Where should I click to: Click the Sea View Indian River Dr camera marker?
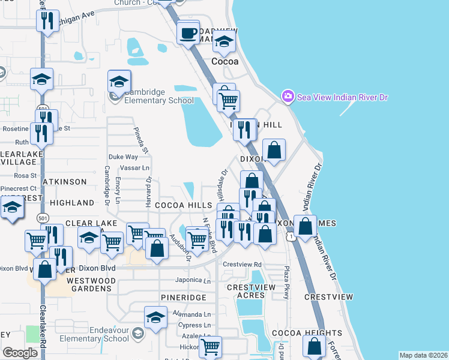pyautogui.click(x=288, y=97)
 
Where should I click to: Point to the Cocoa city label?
pyautogui.click(x=225, y=61)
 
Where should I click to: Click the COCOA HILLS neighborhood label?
pyautogui.click(x=183, y=205)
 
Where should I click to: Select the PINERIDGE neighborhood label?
pyautogui.click(x=183, y=298)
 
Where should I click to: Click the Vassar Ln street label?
pyautogui.click(x=134, y=168)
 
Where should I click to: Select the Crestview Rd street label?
pyautogui.click(x=243, y=264)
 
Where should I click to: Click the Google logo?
pyautogui.click(x=20, y=352)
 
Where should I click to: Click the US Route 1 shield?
pyautogui.click(x=291, y=238)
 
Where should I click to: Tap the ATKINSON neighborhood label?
pyautogui.click(x=64, y=181)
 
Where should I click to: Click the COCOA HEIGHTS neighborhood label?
pyautogui.click(x=298, y=333)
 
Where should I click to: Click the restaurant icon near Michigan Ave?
pyautogui.click(x=46, y=22)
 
